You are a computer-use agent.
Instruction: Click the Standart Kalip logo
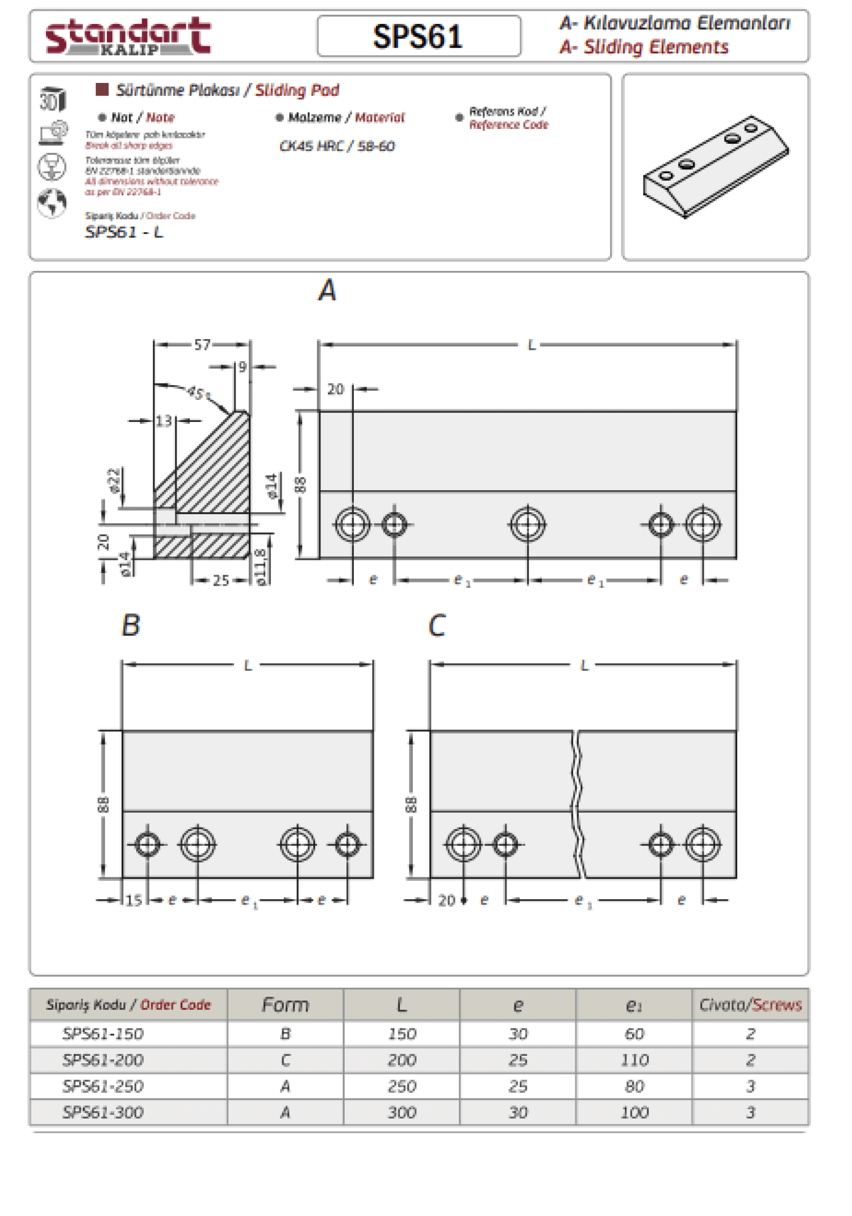point(128,36)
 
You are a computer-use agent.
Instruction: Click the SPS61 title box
point(419,36)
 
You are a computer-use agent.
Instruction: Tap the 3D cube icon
point(52,99)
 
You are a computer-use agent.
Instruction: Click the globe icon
point(52,203)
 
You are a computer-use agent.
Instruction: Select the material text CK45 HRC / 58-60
point(337,146)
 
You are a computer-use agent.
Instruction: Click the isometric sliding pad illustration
point(716,166)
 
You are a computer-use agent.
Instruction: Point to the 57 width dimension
point(202,345)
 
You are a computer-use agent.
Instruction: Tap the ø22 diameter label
point(114,480)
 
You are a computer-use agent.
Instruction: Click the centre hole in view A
point(528,524)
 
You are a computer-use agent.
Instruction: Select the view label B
point(131,625)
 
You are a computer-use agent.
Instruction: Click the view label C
point(437,626)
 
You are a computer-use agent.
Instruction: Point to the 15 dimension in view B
point(133,900)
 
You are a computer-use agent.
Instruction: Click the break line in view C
point(577,804)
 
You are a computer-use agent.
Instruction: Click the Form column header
point(285,1005)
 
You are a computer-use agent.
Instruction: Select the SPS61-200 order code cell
point(103,1060)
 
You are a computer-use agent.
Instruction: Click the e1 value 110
point(634,1060)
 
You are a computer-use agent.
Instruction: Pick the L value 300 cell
point(402,1112)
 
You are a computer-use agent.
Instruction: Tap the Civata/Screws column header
point(750,1005)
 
